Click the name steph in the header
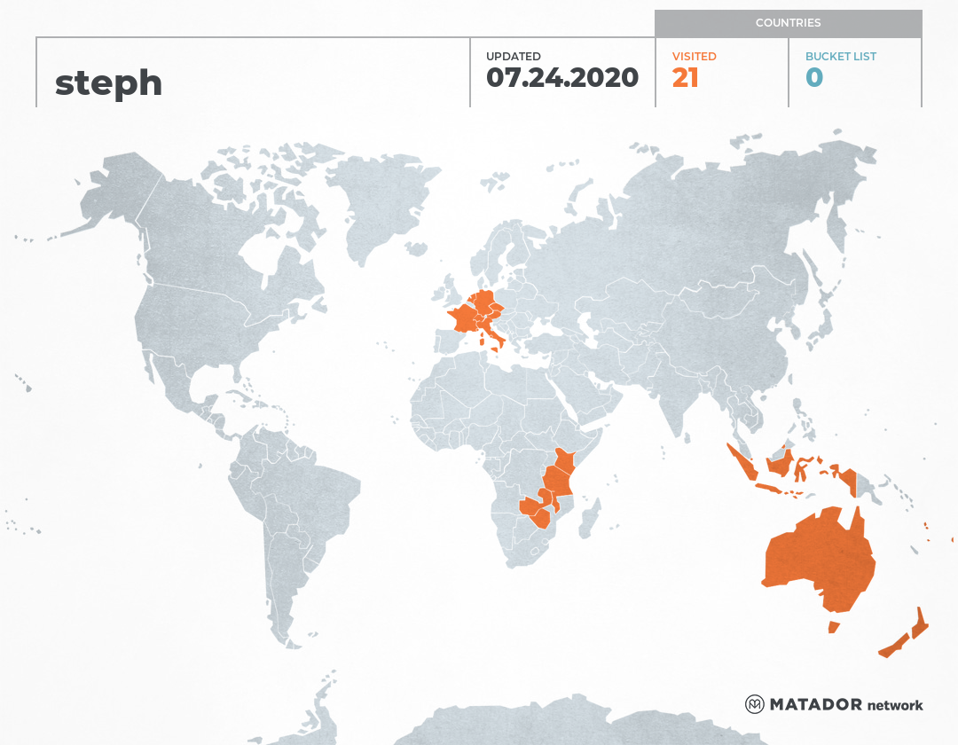click(x=108, y=83)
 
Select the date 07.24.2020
click(x=562, y=78)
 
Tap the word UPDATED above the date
click(x=513, y=57)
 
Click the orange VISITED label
click(x=694, y=57)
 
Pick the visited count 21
click(x=686, y=78)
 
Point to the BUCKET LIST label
click(x=840, y=57)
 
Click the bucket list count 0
click(x=814, y=78)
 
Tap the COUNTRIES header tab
click(x=788, y=23)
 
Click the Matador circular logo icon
click(x=754, y=704)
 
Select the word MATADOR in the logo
click(x=815, y=705)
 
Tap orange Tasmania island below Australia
click(x=833, y=627)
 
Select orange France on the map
click(x=463, y=318)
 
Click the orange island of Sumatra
click(x=741, y=461)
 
